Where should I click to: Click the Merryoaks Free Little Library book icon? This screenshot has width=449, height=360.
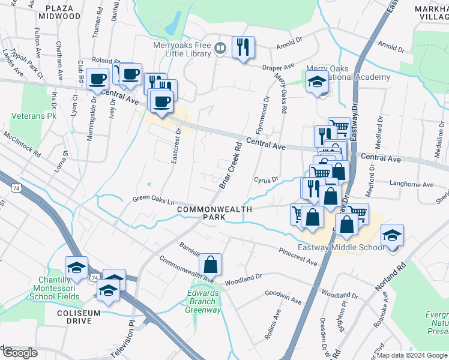tap(221, 48)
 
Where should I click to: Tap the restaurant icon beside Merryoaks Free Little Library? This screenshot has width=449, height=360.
tap(243, 47)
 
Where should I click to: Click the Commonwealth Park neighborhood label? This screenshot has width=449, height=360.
tap(215, 212)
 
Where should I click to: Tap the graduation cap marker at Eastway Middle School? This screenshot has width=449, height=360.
tap(392, 235)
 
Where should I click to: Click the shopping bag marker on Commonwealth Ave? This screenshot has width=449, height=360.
tap(211, 264)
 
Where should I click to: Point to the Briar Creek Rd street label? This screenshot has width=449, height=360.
tap(230, 165)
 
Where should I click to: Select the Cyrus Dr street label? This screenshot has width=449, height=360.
tap(267, 179)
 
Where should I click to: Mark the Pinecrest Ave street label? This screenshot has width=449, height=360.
tap(298, 256)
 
